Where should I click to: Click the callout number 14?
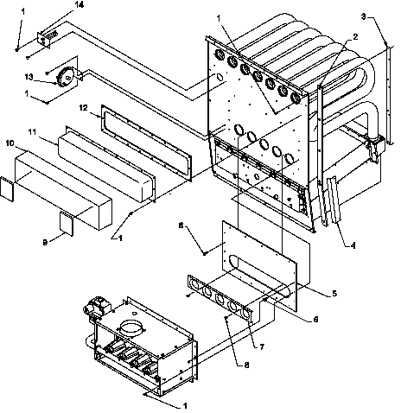(56, 6)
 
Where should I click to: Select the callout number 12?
(84, 110)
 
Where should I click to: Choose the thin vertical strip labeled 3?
(386, 95)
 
